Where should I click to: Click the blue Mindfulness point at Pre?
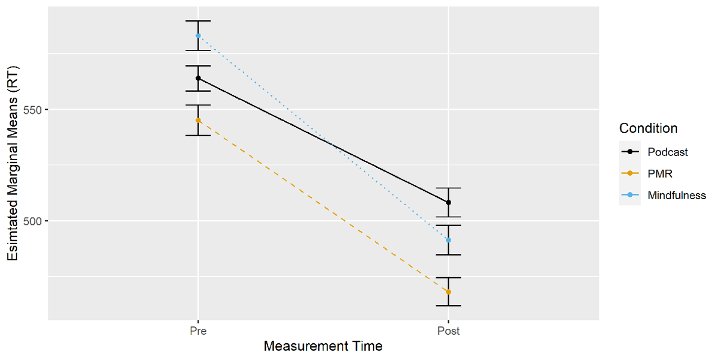point(198,35)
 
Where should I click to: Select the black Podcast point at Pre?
point(198,78)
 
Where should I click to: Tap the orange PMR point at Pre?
point(198,121)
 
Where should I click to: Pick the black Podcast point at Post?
point(448,202)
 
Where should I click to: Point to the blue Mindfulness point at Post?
point(448,240)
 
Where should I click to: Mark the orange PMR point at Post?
point(448,292)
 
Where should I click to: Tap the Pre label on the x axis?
point(198,331)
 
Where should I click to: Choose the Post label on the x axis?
point(448,331)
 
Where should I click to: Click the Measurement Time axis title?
point(323,346)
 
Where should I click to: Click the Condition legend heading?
point(648,128)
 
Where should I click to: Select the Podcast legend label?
point(668,152)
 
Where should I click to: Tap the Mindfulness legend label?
point(677,195)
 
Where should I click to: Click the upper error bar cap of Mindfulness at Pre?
point(198,21)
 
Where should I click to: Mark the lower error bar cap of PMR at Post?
point(448,305)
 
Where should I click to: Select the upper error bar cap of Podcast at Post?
point(448,188)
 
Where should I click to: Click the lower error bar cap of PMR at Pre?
point(198,136)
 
